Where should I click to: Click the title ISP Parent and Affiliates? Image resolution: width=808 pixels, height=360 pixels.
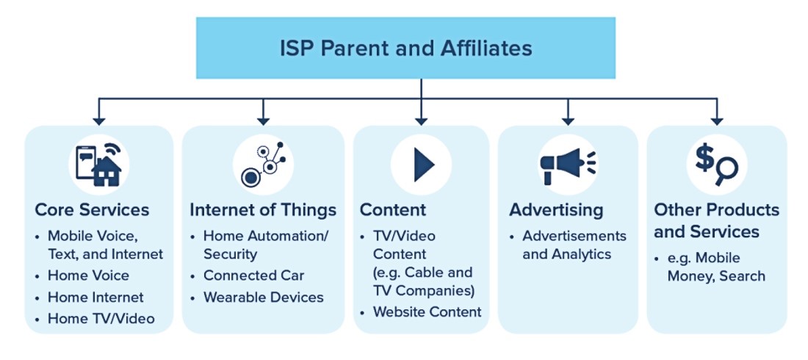[x=405, y=48]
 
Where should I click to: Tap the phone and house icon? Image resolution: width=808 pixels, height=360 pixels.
[x=98, y=165]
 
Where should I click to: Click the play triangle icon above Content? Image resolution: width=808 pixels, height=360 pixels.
[x=424, y=165]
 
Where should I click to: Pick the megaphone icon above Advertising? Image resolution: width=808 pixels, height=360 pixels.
[x=568, y=165]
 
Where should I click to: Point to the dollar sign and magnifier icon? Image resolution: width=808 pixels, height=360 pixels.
[x=716, y=165]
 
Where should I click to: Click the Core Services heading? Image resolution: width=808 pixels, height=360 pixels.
[x=92, y=210]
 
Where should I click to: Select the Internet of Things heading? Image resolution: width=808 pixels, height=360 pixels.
[x=263, y=210]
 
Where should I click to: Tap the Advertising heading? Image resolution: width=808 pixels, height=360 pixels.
[x=556, y=210]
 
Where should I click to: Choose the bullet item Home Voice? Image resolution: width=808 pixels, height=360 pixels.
[x=88, y=276]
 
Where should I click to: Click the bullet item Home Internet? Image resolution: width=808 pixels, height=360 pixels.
[x=95, y=298]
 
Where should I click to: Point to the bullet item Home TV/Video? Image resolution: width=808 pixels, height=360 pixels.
[x=101, y=319]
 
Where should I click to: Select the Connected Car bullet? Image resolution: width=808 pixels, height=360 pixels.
[x=254, y=276]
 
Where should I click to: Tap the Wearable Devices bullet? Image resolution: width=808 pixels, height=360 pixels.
[x=263, y=298]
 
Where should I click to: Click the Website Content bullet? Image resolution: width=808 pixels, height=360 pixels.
[x=428, y=312]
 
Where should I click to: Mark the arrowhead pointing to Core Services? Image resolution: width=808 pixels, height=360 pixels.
[x=99, y=121]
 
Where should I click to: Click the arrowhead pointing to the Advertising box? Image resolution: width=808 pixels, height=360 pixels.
[x=568, y=121]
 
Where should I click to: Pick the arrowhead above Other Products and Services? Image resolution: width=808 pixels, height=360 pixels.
[x=717, y=121]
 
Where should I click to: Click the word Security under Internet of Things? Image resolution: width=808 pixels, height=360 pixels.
[x=230, y=255]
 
